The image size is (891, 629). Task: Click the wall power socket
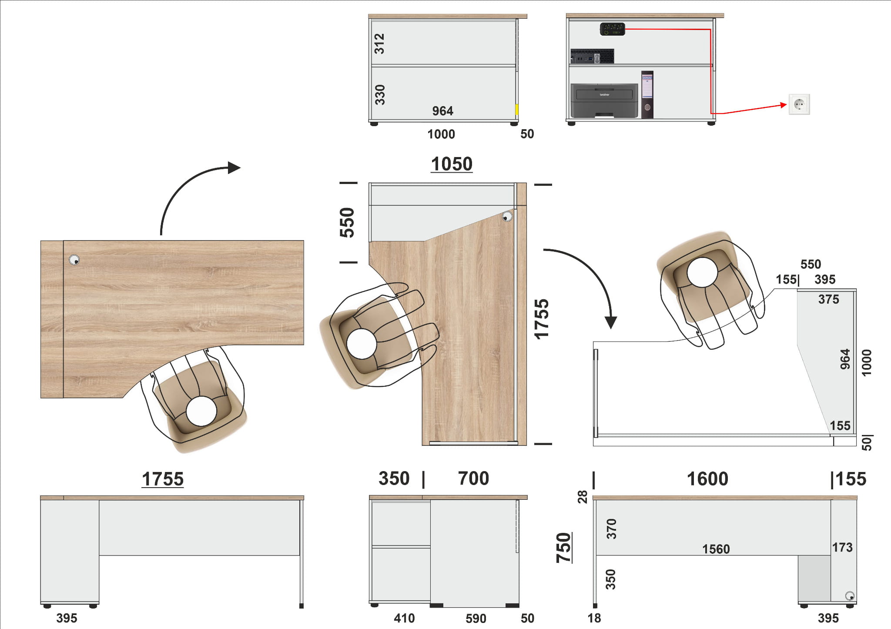(x=799, y=104)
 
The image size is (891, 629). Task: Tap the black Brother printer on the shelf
(x=604, y=100)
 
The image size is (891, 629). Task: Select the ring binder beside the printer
(x=647, y=94)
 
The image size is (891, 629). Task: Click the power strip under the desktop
(x=612, y=29)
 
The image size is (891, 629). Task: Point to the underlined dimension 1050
(x=452, y=164)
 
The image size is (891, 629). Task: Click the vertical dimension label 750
(x=563, y=548)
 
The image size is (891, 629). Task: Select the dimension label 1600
(x=707, y=479)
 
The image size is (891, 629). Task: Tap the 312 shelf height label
(x=379, y=43)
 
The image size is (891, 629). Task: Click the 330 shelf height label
(x=380, y=95)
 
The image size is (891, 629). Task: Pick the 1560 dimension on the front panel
(x=716, y=549)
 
